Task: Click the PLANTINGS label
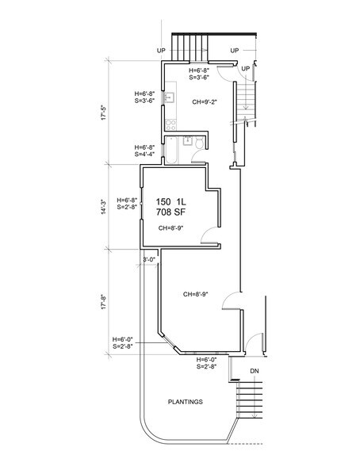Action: click(186, 402)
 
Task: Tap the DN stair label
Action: click(255, 371)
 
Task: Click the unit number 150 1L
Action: click(171, 202)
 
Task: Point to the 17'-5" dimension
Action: click(103, 113)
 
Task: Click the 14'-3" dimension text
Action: click(103, 207)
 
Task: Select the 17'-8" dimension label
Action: click(103, 302)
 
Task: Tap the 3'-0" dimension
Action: click(149, 259)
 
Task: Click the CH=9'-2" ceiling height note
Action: click(205, 102)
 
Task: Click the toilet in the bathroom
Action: click(199, 143)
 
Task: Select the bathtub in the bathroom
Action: click(171, 151)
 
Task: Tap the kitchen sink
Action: click(170, 97)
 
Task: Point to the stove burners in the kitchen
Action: click(171, 125)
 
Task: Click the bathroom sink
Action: click(187, 141)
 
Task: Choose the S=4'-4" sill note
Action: click(145, 154)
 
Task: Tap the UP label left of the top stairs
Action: click(161, 51)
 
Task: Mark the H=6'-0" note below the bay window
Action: click(206, 360)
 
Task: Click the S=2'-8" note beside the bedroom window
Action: click(127, 207)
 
